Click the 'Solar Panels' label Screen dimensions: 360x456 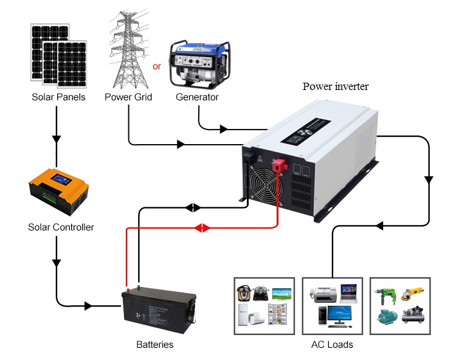coord(58,97)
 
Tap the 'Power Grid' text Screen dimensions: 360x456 coord(128,97)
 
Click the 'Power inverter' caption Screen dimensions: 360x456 coord(336,86)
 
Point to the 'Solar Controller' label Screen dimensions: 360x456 coord(61,227)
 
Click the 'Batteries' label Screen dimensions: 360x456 coord(154,345)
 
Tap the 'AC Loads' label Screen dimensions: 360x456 coord(332,345)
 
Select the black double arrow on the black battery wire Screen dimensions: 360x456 coord(192,207)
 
